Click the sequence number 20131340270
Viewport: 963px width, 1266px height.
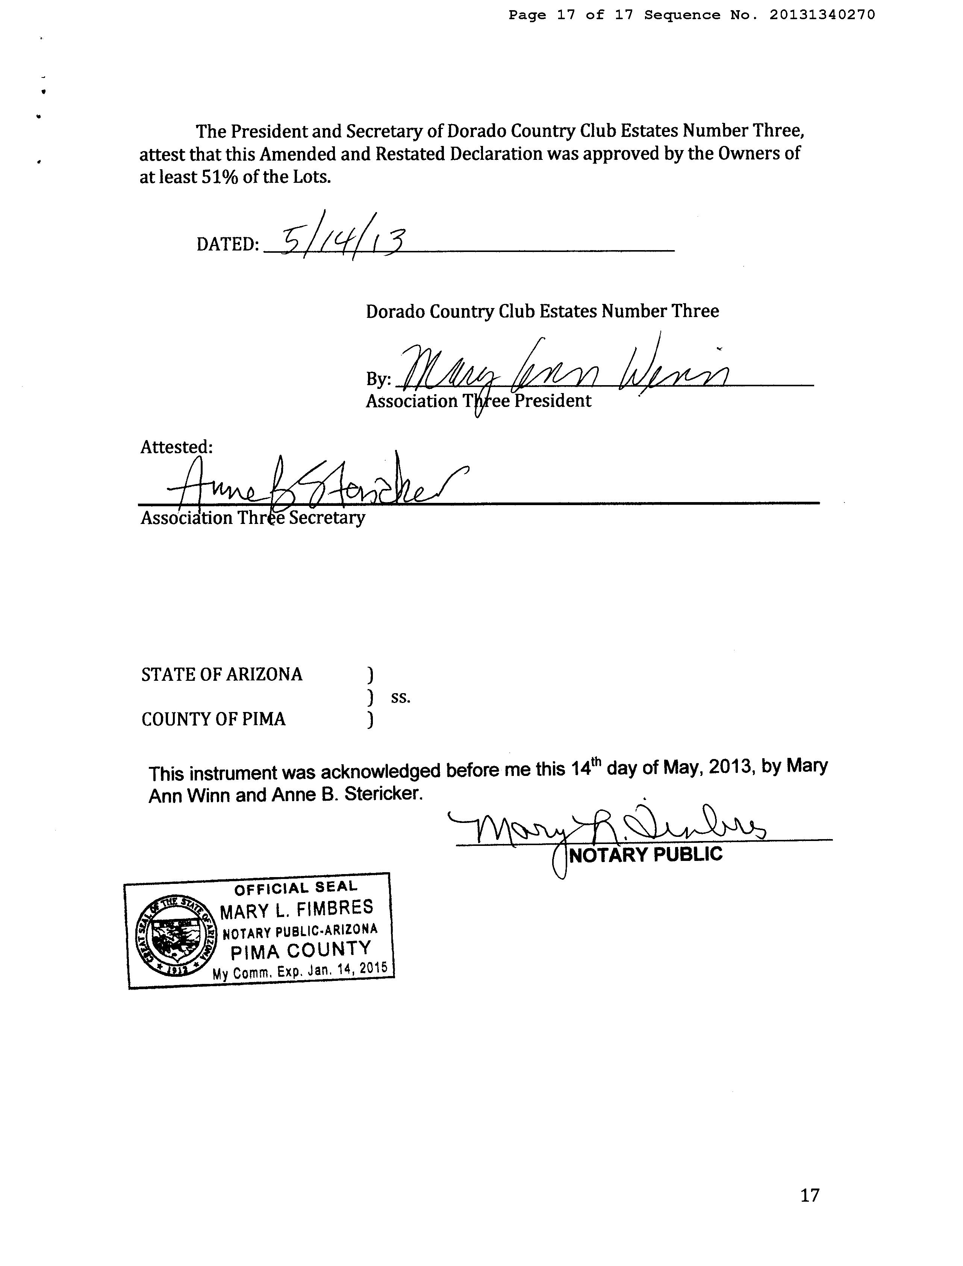822,15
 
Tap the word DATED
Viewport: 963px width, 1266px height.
227,244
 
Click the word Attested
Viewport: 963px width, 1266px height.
176,447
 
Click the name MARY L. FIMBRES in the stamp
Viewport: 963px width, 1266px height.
296,909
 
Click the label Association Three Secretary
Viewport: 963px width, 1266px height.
253,518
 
